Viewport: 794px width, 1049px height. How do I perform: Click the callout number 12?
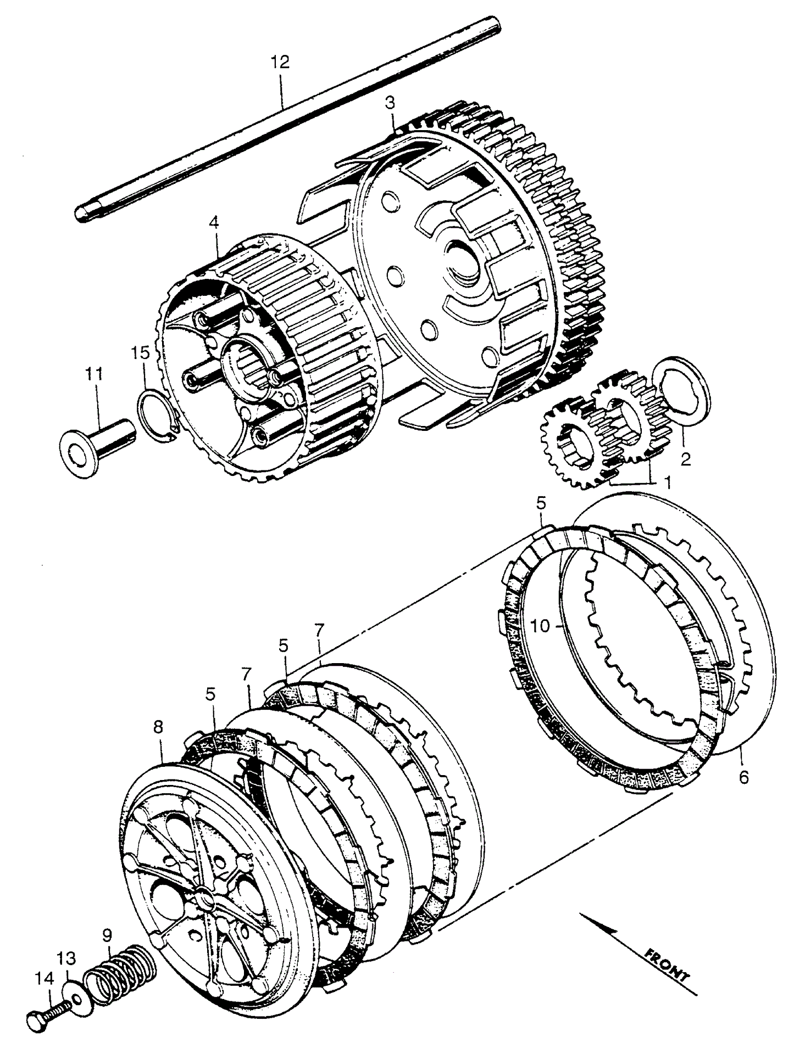(279, 61)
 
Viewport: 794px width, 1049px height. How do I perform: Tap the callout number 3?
(390, 103)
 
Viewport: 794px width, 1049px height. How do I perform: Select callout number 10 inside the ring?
(541, 626)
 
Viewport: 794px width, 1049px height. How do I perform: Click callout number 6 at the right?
(743, 778)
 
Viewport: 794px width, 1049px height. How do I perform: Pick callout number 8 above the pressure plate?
(158, 727)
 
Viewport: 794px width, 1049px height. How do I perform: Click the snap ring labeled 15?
(156, 416)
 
